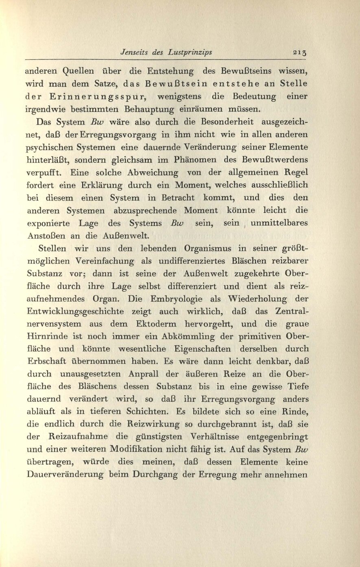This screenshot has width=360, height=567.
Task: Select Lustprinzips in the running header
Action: (191, 52)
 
